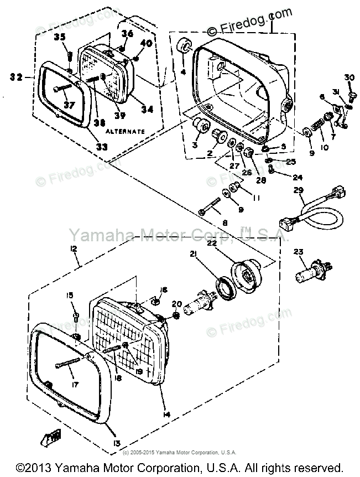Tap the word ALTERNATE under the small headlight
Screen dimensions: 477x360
tap(125, 132)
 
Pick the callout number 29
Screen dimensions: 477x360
tap(299, 191)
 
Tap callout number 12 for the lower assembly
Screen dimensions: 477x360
tap(73, 250)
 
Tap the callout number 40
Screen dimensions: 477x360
tap(147, 44)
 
